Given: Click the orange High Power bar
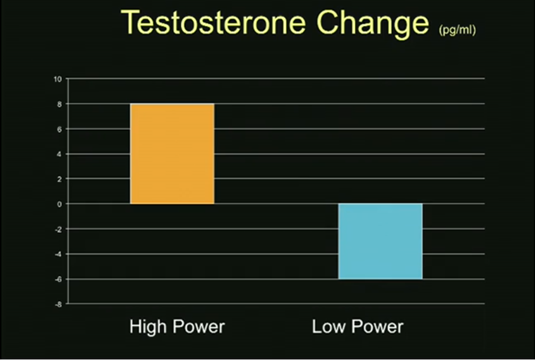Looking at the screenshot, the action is coord(172,153).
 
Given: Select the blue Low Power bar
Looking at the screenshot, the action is coord(381,241).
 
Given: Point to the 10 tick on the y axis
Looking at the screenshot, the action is coord(58,79).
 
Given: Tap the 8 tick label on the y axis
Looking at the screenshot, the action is coord(60,104).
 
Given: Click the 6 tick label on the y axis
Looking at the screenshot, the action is coord(60,129).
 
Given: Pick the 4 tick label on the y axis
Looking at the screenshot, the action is coord(60,154).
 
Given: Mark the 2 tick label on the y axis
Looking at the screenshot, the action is coord(60,179).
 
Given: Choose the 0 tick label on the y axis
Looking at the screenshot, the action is coord(60,204).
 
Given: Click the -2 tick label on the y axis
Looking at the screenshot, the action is coord(59,229).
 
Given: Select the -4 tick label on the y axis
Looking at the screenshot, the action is coord(59,254).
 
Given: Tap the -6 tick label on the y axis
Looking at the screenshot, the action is coord(59,280).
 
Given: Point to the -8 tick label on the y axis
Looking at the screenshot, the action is coord(59,304).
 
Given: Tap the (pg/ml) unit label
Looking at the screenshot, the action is coord(457,30).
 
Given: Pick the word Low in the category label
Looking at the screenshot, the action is coord(328,326).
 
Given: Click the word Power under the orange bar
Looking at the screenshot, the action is coord(199,326).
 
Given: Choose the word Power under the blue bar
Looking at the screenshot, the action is coord(377,326).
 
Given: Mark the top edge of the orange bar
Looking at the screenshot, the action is coord(172,104).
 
